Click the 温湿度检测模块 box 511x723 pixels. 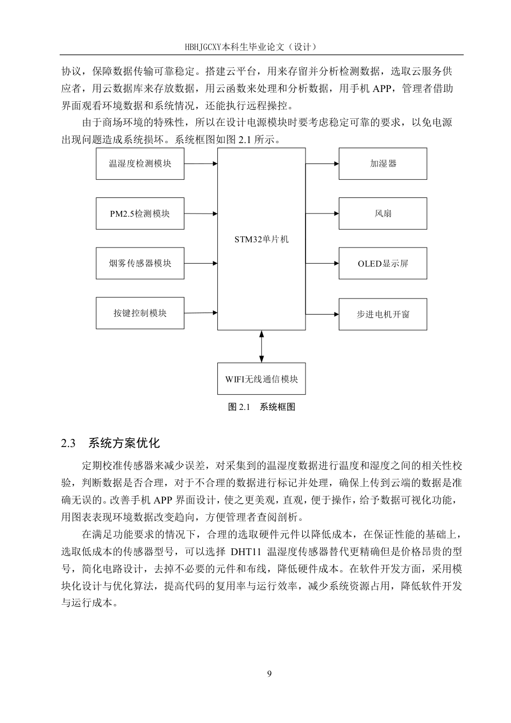point(140,164)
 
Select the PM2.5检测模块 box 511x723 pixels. point(140,214)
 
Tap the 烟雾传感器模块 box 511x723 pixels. point(140,264)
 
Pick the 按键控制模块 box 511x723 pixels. point(140,313)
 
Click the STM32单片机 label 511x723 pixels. point(261,239)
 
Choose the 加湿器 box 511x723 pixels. point(382,164)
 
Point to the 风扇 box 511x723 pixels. point(382,214)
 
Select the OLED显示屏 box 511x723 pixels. point(382,264)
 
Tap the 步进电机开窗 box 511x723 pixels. point(382,314)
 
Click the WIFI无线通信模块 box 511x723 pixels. point(261,379)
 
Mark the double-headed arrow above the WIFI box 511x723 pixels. point(261,346)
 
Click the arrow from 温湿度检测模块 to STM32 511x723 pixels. point(201,164)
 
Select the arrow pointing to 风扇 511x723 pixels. point(322,214)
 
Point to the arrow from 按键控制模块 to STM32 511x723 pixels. point(201,313)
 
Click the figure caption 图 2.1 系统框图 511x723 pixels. point(261,407)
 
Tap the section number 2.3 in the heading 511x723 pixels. point(68,443)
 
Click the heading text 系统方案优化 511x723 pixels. point(124,443)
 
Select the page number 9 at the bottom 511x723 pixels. point(269,674)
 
